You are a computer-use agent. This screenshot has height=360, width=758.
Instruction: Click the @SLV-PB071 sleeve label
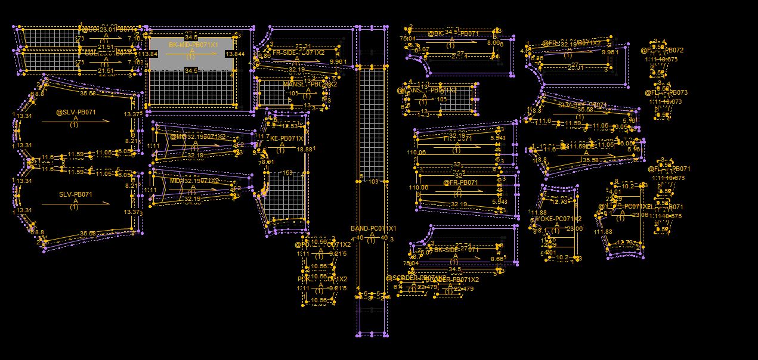[x=76, y=112]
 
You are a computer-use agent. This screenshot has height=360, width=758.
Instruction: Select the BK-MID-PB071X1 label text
[x=193, y=45]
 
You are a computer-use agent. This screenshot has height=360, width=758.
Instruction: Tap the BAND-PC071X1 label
[x=373, y=229]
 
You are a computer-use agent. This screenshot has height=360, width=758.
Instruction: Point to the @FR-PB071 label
[x=460, y=182]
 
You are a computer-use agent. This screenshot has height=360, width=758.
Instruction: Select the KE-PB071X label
[x=286, y=138]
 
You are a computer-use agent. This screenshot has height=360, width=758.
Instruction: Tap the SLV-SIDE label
[x=582, y=105]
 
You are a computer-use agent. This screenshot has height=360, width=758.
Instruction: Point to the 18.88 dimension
[x=305, y=149]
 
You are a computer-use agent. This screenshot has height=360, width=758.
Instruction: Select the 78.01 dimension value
[x=266, y=162]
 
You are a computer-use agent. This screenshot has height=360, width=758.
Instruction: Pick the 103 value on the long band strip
[x=373, y=181]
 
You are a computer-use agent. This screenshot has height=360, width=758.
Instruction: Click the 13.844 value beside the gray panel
[x=235, y=54]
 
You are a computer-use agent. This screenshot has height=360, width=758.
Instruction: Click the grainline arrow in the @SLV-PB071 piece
[x=76, y=121]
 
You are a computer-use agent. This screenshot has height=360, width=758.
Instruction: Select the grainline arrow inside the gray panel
[x=191, y=54]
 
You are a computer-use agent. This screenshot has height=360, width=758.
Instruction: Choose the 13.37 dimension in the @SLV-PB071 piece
[x=132, y=114]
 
